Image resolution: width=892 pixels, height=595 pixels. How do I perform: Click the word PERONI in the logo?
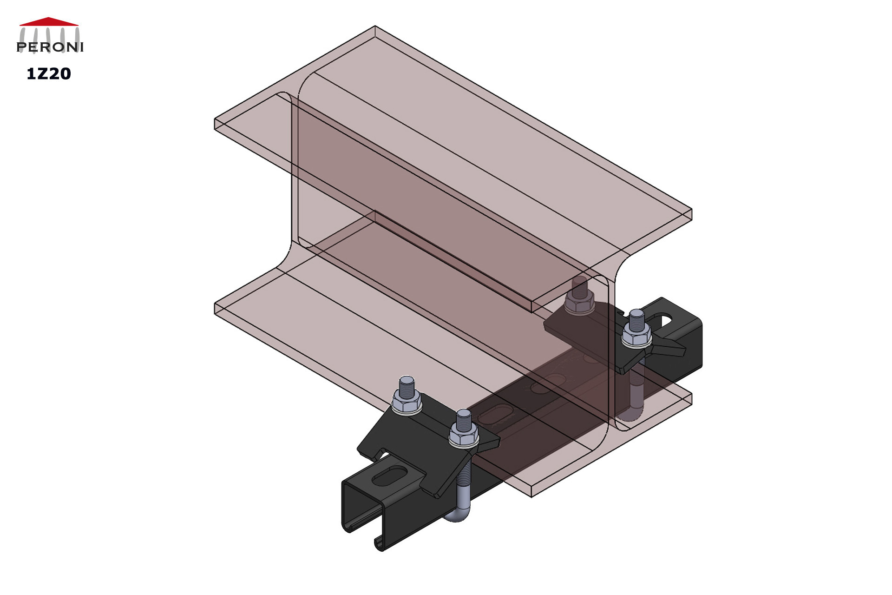click(x=50, y=47)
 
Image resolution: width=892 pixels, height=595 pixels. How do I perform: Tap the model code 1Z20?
click(x=49, y=74)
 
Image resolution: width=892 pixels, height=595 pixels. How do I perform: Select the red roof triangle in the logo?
click(x=49, y=21)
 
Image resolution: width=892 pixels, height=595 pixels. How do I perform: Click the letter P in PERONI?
click(x=21, y=47)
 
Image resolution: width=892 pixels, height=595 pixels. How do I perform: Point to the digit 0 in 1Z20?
click(x=65, y=74)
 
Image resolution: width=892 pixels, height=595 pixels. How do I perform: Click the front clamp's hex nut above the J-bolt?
click(x=464, y=437)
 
